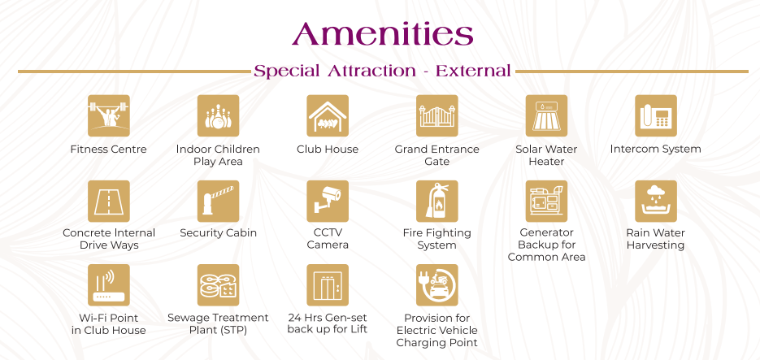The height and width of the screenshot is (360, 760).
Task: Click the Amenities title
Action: point(382,34)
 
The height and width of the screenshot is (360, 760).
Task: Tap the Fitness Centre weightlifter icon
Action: point(109,115)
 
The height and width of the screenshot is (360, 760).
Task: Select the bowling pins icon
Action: point(218,115)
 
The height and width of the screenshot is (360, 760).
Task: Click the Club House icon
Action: point(328,115)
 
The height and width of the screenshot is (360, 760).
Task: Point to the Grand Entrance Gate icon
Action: point(437,115)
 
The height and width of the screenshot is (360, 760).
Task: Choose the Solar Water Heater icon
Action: point(547,115)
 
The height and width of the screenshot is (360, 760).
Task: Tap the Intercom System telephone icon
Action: point(656,115)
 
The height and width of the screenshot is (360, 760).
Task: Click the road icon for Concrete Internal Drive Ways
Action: point(109,201)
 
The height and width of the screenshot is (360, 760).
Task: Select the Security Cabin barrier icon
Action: point(218,201)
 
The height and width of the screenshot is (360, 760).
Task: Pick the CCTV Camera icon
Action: point(328,201)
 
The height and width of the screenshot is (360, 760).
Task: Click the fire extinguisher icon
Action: point(437,201)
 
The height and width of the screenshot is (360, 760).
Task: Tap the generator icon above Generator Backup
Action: point(547,201)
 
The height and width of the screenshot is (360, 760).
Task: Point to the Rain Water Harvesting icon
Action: point(656,201)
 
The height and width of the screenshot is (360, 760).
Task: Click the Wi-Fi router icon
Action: point(109,285)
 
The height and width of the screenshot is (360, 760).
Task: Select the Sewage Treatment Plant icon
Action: point(218,285)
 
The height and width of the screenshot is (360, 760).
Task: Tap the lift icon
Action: point(328,285)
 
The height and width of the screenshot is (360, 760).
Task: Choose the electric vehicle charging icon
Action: point(437,285)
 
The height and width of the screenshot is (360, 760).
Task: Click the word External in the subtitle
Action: point(473,72)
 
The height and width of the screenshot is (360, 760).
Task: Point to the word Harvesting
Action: point(655,245)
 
